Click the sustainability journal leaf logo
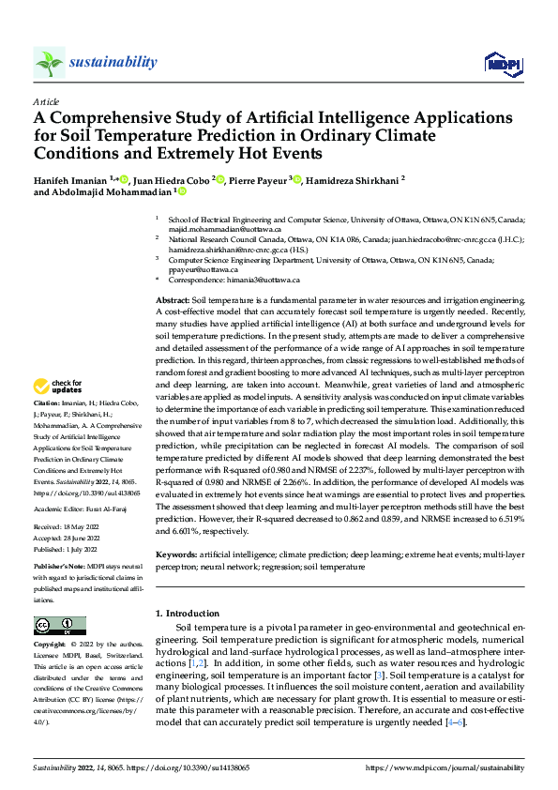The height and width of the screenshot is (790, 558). (50, 62)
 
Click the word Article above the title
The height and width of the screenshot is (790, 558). (46, 101)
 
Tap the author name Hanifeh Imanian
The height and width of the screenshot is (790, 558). (70, 178)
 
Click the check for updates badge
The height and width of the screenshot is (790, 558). (58, 387)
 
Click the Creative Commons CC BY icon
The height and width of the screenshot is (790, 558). (59, 625)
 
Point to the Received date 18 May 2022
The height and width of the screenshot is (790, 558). (89, 528)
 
